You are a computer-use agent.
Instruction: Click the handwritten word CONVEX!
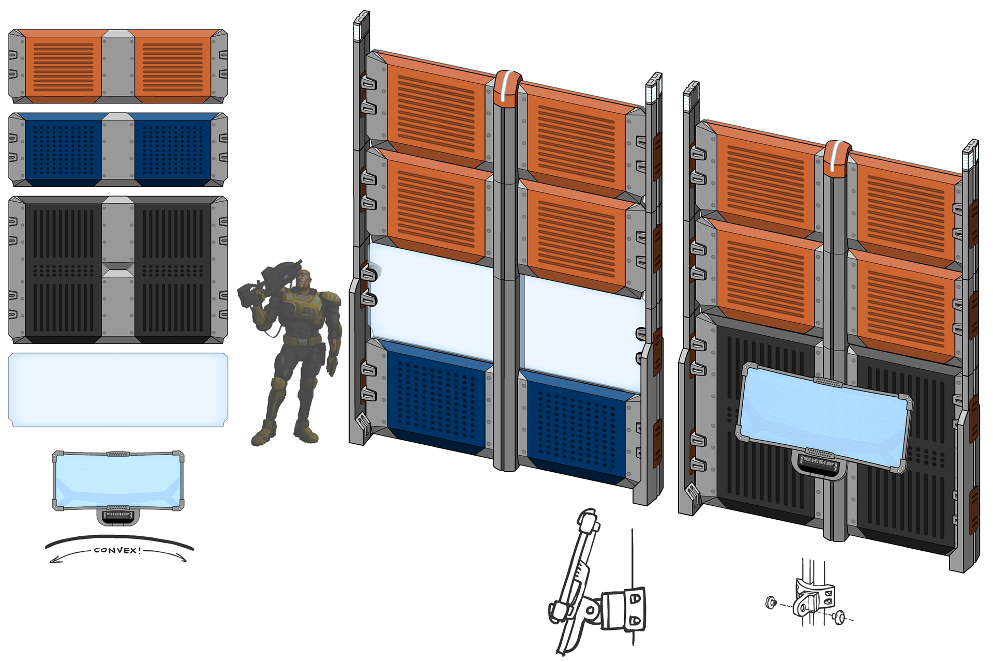117,550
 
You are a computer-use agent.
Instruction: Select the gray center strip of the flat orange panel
118,66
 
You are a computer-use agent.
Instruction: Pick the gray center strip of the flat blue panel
118,149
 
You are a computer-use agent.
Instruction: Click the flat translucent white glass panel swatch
118,390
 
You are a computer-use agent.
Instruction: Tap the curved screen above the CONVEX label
118,480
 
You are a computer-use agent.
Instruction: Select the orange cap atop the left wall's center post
507,88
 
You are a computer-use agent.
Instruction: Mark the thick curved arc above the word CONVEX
119,539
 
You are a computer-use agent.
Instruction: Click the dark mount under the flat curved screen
118,517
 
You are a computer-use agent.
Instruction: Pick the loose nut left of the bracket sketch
771,602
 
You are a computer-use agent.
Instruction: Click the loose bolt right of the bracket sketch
839,616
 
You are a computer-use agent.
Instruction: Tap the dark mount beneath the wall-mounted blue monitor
819,465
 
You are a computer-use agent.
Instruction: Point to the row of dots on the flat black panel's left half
64,270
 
